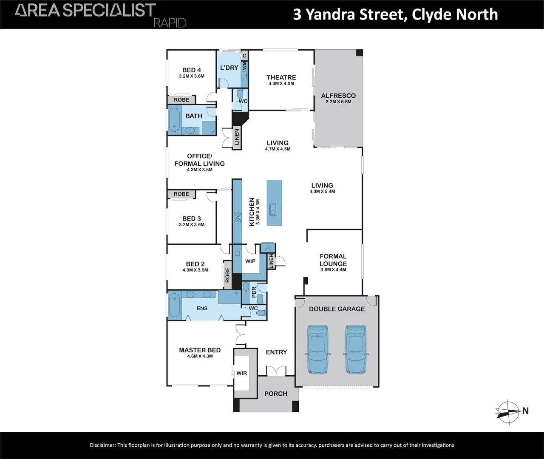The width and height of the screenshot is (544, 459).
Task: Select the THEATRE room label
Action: (x=281, y=77)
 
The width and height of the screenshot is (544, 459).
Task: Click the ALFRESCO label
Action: (x=338, y=96)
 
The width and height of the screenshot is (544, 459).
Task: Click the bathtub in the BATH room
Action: (x=174, y=120)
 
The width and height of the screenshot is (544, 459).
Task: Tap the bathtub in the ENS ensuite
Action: (x=174, y=305)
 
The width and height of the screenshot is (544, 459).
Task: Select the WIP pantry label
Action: (x=250, y=261)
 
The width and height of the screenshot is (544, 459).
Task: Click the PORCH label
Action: (x=276, y=394)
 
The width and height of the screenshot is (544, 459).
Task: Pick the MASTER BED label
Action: (x=200, y=350)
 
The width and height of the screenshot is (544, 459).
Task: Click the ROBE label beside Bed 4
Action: (x=181, y=100)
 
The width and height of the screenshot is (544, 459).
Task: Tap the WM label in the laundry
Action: (x=244, y=66)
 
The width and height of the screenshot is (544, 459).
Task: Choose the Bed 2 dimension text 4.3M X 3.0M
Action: (x=195, y=270)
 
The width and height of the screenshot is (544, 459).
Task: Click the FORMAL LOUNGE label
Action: (x=333, y=260)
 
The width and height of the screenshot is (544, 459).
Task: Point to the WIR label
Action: (x=241, y=373)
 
